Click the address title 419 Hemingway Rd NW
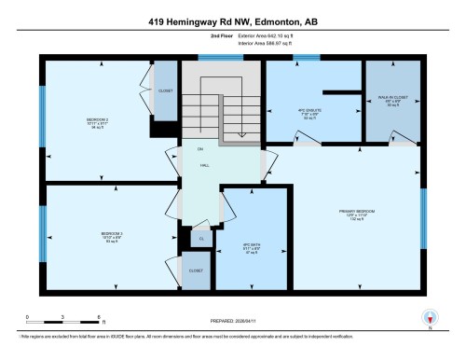(233, 20)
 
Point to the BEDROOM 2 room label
(98, 120)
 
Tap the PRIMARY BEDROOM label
(351, 212)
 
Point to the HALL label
(203, 165)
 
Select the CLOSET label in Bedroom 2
(165, 91)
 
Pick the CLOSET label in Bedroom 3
(196, 270)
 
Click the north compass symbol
(430, 317)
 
